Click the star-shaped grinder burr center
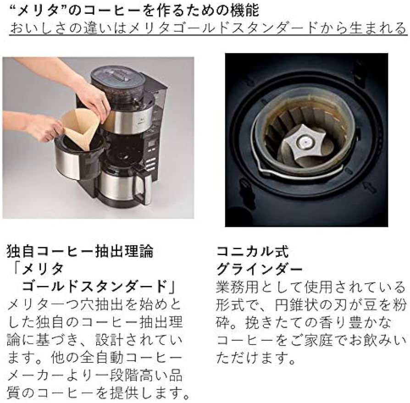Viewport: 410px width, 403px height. tap(301, 142)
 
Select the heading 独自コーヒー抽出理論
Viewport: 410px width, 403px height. tap(80, 251)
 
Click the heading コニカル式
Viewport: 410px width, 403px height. tap(252, 251)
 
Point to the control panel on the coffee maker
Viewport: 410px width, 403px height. tap(151, 151)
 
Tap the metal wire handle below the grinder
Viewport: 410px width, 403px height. tap(298, 174)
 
